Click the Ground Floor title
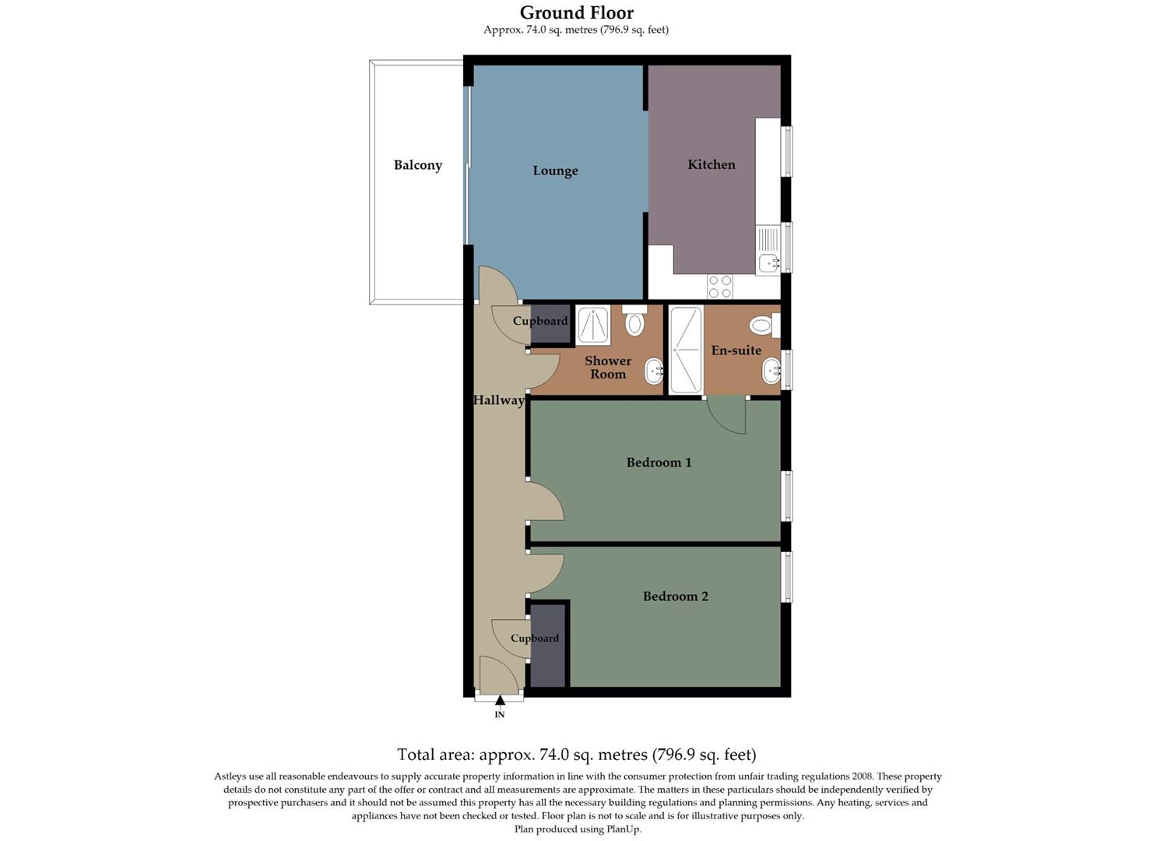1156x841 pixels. tap(576, 12)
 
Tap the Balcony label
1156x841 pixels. tap(417, 165)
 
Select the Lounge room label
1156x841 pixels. tap(555, 171)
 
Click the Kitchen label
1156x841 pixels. tap(711, 164)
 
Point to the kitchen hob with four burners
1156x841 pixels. tap(719, 287)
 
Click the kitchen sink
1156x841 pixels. tap(769, 263)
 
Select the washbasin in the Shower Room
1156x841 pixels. tap(654, 371)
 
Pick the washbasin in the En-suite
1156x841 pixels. tap(771, 371)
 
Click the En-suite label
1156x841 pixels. tap(736, 350)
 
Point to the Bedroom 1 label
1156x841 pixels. tap(659, 463)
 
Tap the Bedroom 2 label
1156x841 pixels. tap(675, 596)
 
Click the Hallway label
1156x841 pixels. tap(498, 400)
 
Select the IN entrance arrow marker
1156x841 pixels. tap(500, 701)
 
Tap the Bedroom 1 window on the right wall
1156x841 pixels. tap(787, 495)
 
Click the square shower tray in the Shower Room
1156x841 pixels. tap(593, 325)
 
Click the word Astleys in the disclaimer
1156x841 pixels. tap(230, 776)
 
